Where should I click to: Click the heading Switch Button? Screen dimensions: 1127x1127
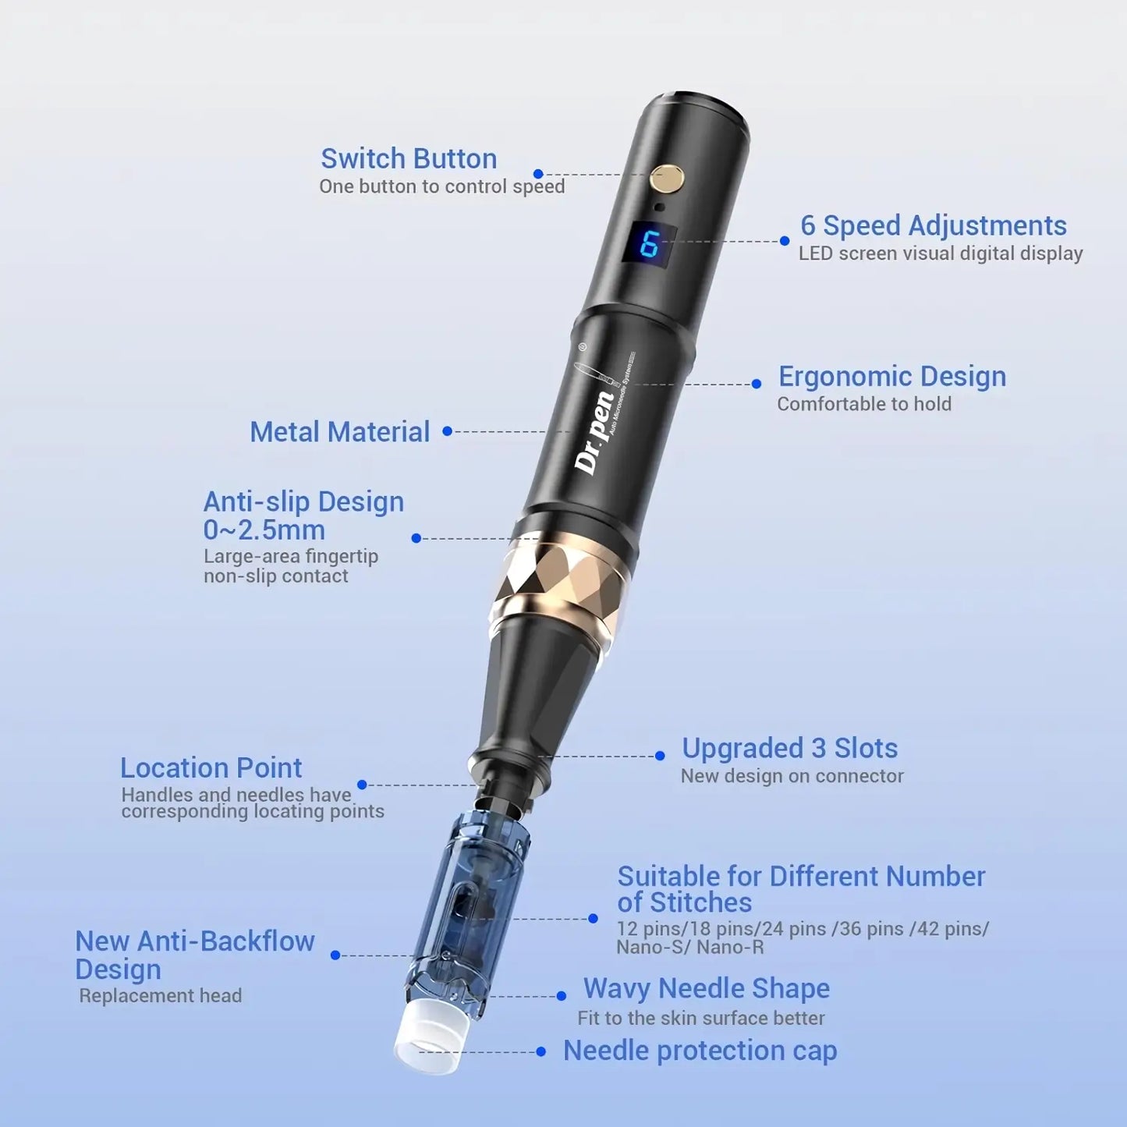pyautogui.click(x=409, y=158)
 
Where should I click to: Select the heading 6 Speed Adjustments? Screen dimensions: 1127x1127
pyautogui.click(x=933, y=225)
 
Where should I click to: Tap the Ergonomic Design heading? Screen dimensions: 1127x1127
pyautogui.click(x=891, y=376)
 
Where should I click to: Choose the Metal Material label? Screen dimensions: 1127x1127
pyautogui.click(x=339, y=431)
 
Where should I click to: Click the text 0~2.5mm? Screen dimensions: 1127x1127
pyautogui.click(x=264, y=530)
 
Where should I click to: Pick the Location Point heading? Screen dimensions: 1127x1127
pyautogui.click(x=211, y=767)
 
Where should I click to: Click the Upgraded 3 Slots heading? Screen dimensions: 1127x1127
pyautogui.click(x=789, y=748)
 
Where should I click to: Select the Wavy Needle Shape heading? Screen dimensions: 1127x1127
pyautogui.click(x=706, y=988)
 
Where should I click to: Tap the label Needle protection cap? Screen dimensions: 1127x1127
pyautogui.click(x=700, y=1051)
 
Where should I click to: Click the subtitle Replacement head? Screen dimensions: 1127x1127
pyautogui.click(x=161, y=996)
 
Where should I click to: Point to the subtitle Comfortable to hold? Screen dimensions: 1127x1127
pyautogui.click(x=863, y=404)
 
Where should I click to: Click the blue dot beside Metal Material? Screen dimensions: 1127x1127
pyautogui.click(x=447, y=431)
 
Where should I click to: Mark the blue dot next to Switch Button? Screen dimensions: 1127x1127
pyautogui.click(x=538, y=174)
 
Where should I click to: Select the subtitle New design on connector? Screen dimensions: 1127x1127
pyautogui.click(x=792, y=776)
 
